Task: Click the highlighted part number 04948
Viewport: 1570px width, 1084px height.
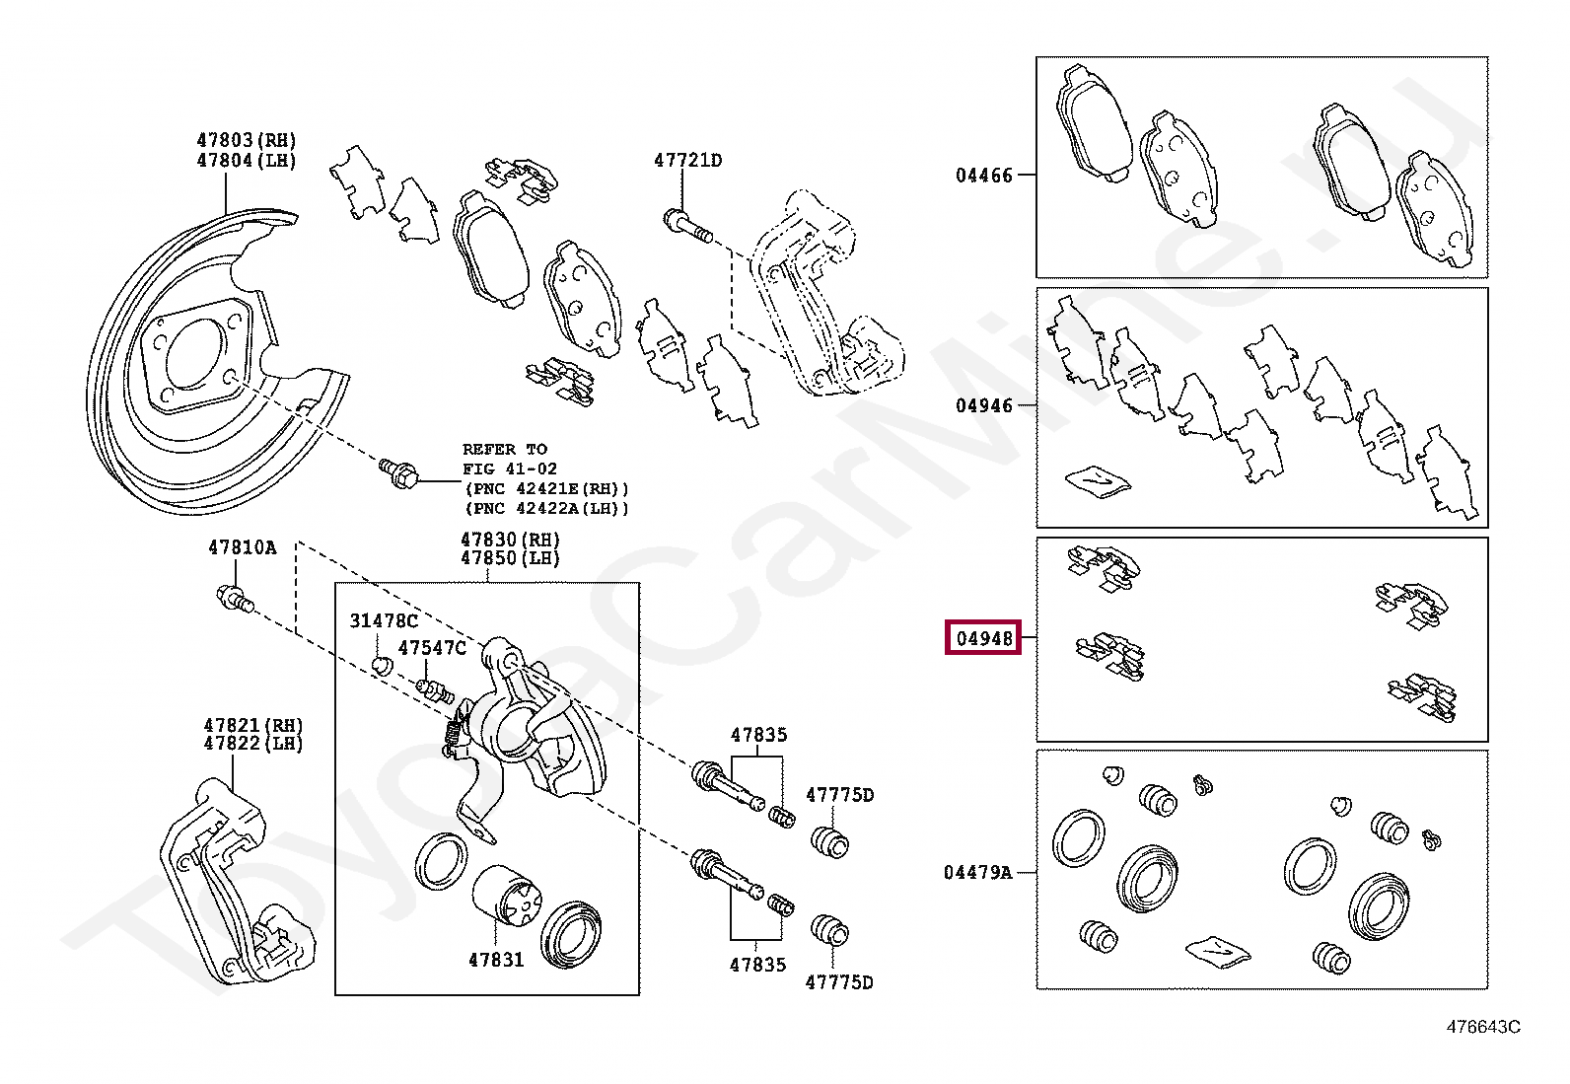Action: [984, 638]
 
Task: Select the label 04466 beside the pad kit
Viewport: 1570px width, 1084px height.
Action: [983, 176]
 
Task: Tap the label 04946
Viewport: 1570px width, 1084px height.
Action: [983, 405]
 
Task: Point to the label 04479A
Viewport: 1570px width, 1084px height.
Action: [977, 872]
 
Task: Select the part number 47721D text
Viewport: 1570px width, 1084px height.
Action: [687, 160]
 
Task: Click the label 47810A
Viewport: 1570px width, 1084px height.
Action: [242, 547]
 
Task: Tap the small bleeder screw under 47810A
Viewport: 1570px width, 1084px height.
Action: [236, 599]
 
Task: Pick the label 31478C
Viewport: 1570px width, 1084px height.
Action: [384, 620]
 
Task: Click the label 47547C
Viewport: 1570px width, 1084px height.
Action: [431, 648]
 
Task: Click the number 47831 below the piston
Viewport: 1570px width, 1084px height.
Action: [496, 959]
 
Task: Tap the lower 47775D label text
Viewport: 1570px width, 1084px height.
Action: [839, 981]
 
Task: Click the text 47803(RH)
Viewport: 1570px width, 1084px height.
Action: [247, 141]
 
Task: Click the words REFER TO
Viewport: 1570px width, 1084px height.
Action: [504, 449]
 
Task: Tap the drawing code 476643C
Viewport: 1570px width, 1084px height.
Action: [1482, 1027]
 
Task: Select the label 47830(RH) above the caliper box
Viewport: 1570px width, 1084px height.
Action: [510, 540]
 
